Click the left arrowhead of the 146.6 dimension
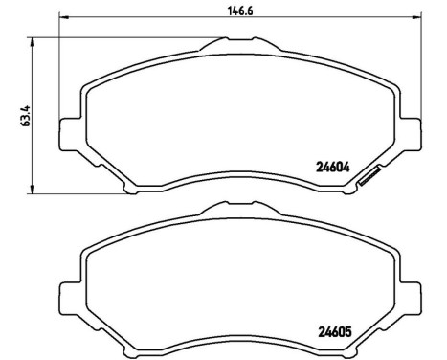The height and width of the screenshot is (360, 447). click(63, 17)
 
